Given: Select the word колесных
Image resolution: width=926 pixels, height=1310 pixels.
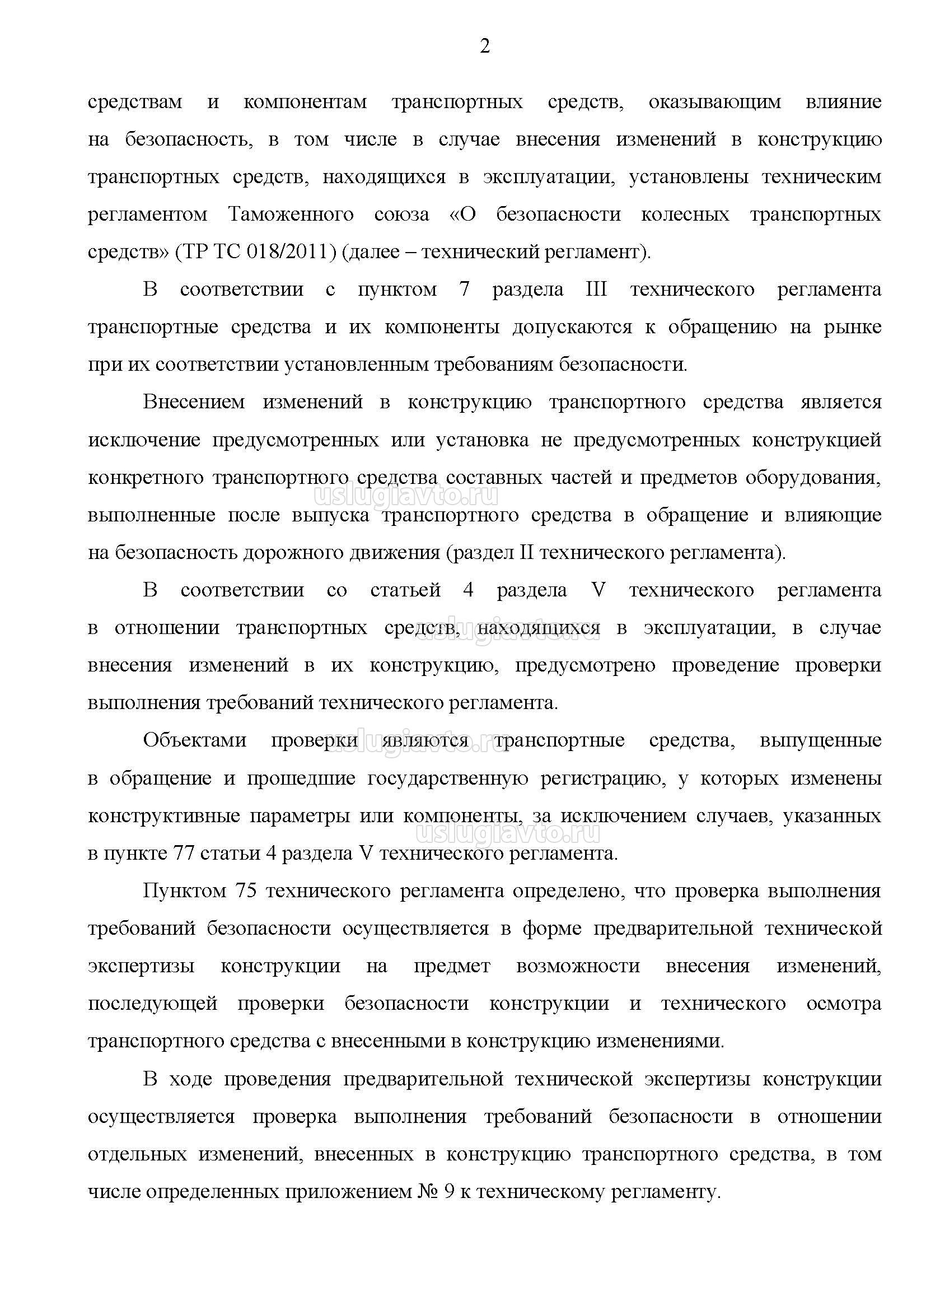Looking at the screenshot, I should click(x=685, y=215).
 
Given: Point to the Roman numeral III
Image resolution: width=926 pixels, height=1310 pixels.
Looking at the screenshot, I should click(x=596, y=289).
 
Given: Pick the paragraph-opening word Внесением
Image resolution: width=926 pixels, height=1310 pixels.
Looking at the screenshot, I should click(x=194, y=402).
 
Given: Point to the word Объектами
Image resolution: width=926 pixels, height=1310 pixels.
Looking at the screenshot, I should click(x=194, y=741).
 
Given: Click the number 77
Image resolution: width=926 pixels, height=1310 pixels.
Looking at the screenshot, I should click(x=183, y=854).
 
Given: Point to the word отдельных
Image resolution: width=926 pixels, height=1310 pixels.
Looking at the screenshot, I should click(x=137, y=1155).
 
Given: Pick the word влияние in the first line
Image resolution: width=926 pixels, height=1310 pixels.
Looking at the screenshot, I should click(x=843, y=102).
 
